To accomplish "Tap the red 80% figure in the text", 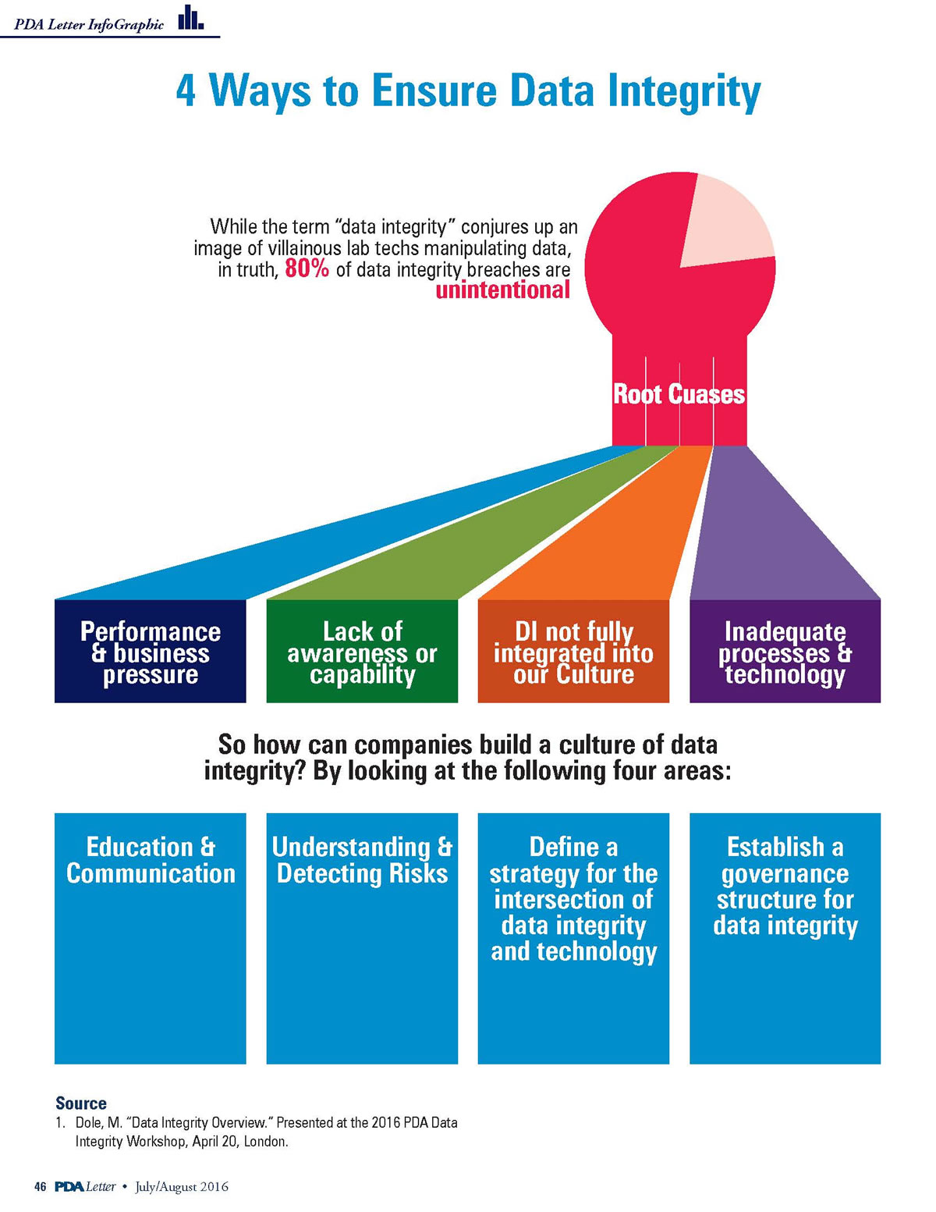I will click(x=307, y=270).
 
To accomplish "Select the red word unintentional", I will click(x=502, y=290).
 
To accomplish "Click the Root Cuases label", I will click(x=679, y=394).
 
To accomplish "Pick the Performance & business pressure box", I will click(x=151, y=652).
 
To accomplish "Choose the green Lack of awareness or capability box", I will click(x=362, y=652).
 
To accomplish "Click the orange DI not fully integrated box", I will click(x=573, y=652).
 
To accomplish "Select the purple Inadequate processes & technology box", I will click(x=785, y=652).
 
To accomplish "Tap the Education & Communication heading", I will click(x=151, y=860).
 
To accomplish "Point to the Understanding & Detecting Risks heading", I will click(x=362, y=860).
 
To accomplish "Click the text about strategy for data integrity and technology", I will click(x=573, y=899).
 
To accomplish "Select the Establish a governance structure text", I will click(x=785, y=886).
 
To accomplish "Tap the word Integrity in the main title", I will click(x=684, y=91).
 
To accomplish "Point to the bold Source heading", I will click(x=81, y=1104).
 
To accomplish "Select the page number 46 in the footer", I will click(x=41, y=1187).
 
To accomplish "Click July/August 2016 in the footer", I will click(x=182, y=1187).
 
